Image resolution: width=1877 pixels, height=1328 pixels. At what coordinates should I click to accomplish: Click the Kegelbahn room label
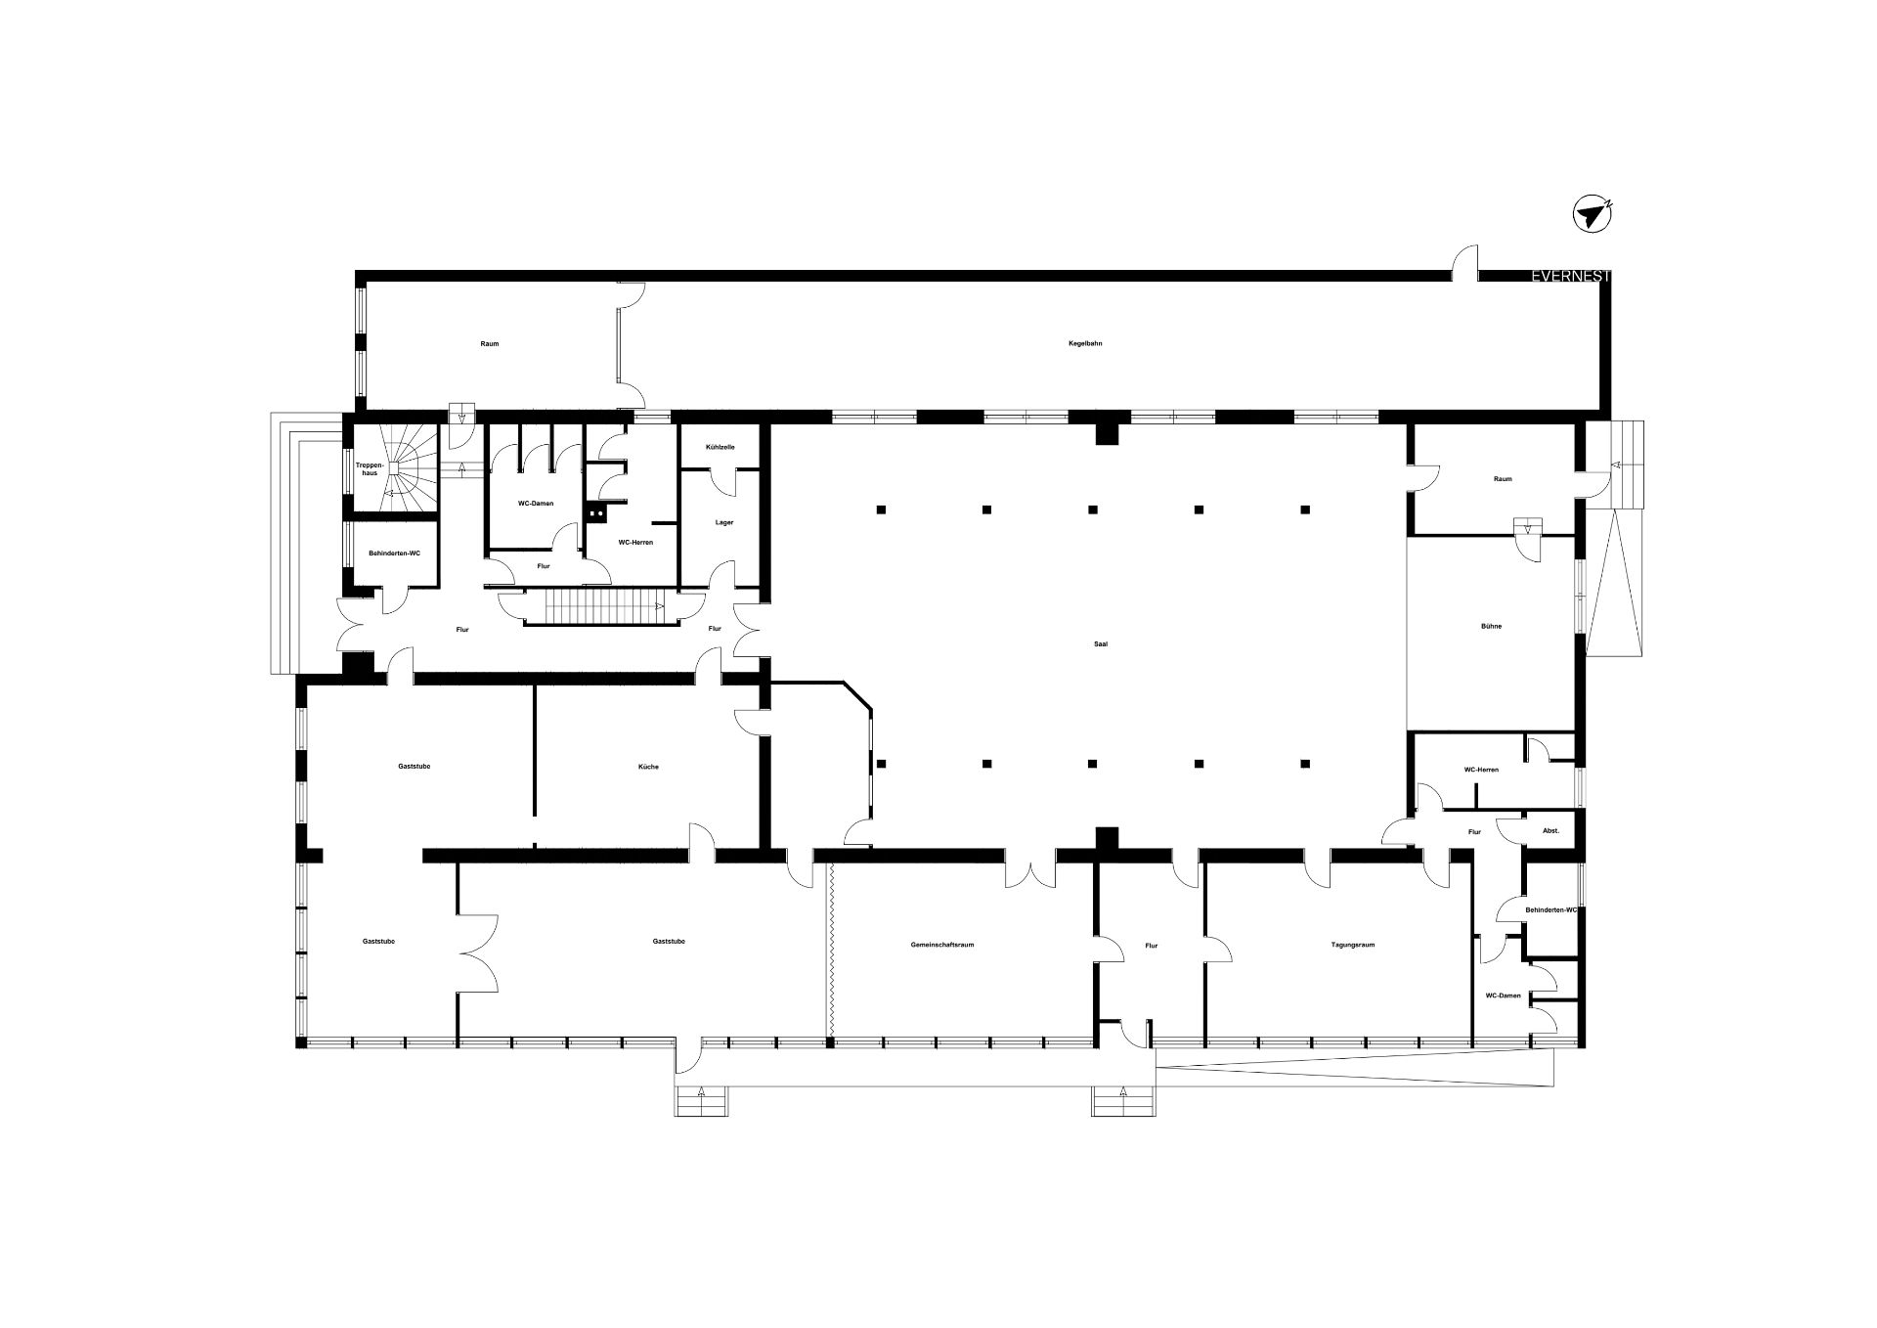pos(1085,343)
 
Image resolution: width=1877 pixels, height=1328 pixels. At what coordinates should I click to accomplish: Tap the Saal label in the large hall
pos(1102,643)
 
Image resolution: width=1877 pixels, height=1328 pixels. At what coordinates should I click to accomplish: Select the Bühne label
pos(1491,626)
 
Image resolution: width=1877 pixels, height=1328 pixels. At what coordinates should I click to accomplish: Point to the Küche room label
pos(648,767)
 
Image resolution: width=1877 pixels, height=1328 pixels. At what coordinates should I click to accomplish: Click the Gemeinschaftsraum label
pos(941,945)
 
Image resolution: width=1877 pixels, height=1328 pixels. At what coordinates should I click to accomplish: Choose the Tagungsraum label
pos(1353,945)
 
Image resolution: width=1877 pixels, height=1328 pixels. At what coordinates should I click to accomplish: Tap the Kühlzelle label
pos(720,447)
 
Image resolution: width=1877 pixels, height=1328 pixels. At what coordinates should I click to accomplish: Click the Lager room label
pos(723,522)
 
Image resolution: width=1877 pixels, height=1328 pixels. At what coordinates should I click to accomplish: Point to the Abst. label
pos(1550,831)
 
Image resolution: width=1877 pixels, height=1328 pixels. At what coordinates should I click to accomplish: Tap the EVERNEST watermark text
pos(1571,277)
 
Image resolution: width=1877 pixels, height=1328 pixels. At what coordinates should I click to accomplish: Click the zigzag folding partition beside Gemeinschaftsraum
pos(830,950)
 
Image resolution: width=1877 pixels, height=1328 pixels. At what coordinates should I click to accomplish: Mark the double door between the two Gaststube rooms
pos(478,953)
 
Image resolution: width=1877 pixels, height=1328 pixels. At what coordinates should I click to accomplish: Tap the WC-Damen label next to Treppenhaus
pos(536,504)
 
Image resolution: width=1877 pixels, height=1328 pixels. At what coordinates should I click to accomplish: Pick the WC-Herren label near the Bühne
pos(1481,770)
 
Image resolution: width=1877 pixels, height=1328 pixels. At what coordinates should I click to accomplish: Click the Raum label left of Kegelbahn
pos(490,343)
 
